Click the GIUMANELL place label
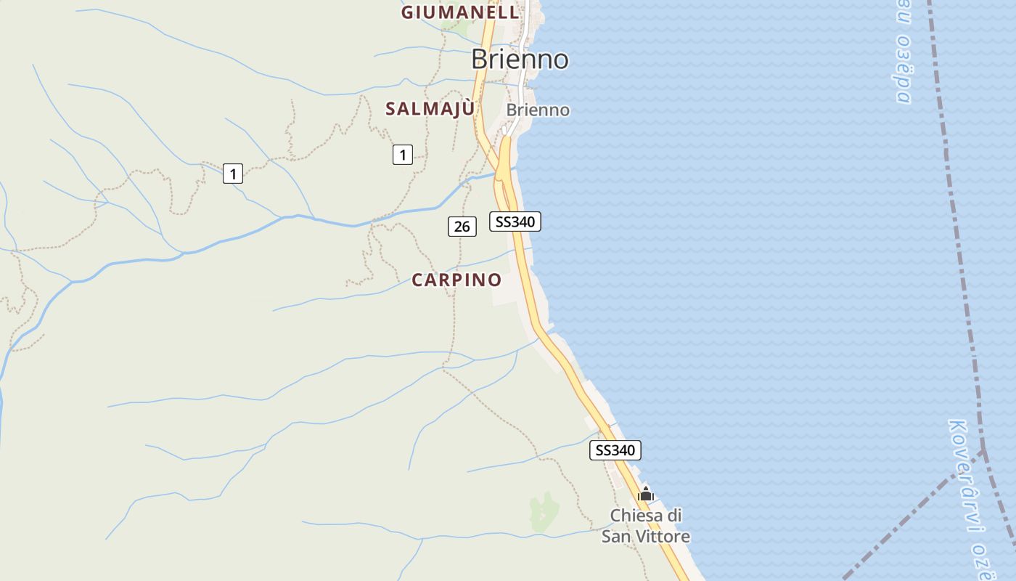tap(460, 12)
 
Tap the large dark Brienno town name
tap(520, 59)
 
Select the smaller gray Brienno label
tap(538, 110)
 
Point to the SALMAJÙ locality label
tap(430, 109)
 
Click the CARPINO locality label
tap(456, 280)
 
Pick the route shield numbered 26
tap(462, 227)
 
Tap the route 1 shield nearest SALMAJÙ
tap(403, 154)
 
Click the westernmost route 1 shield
tap(232, 174)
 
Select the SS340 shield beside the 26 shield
tap(515, 222)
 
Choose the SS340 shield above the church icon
tap(615, 450)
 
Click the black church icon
tap(645, 495)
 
